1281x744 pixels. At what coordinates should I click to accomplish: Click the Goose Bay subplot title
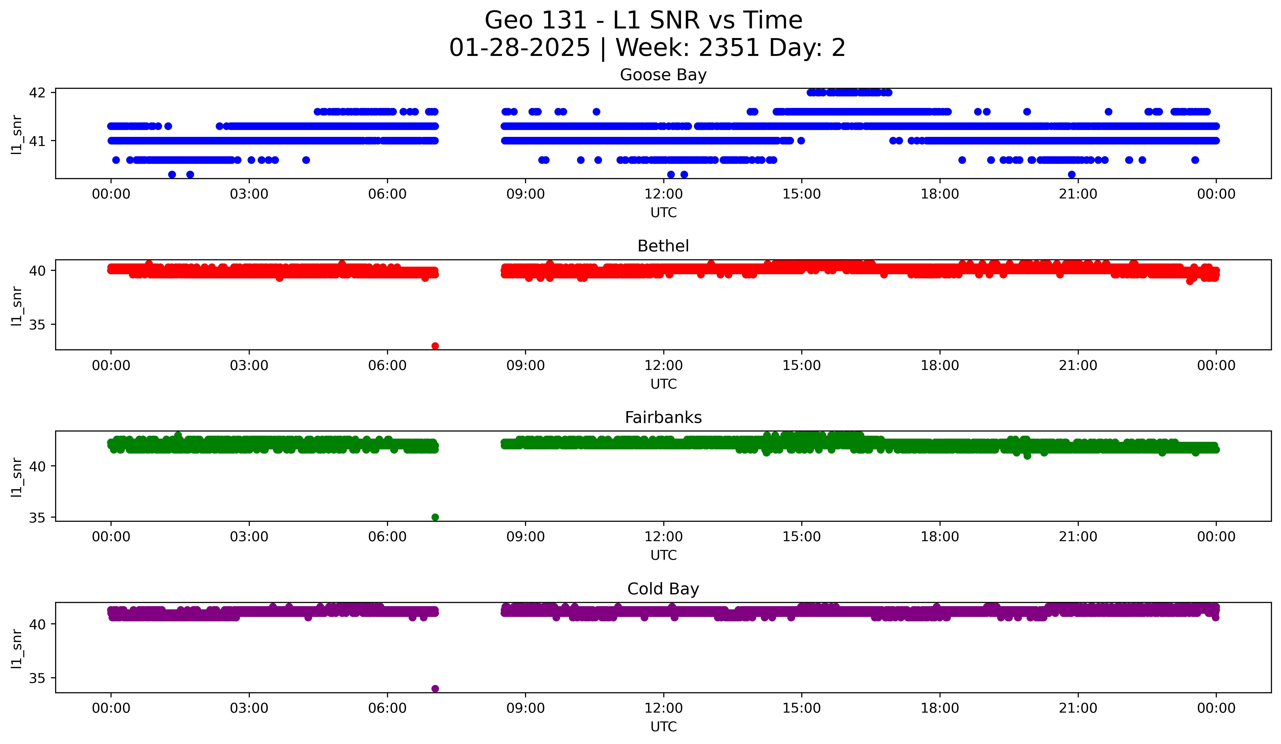point(663,75)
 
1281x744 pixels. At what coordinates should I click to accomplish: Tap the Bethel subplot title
point(663,246)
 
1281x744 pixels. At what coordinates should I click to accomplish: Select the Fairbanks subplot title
point(663,418)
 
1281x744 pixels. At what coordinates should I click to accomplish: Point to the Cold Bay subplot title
point(663,589)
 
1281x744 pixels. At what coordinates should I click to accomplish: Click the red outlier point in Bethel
point(435,346)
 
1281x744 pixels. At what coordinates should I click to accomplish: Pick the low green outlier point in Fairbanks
point(435,517)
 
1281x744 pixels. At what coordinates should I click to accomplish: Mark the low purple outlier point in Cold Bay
point(435,689)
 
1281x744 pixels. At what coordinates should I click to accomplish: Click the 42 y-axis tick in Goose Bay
point(37,92)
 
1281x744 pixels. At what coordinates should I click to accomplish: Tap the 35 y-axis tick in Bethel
point(37,325)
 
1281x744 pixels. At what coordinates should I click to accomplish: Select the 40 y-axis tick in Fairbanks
point(37,466)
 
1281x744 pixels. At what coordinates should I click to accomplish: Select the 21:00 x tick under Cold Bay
point(1078,708)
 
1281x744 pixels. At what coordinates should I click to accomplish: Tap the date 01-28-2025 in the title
point(519,48)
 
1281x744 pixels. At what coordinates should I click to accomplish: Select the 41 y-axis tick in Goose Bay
point(37,141)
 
